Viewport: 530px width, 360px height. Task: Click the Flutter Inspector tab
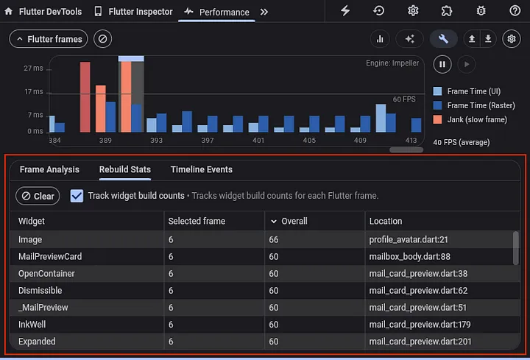[x=133, y=12]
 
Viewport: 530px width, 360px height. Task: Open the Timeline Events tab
[x=201, y=169]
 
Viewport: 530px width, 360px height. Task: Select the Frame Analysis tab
[x=49, y=169]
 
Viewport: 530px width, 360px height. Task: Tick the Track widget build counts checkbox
[x=77, y=196]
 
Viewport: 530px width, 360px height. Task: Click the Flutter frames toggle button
[x=49, y=39]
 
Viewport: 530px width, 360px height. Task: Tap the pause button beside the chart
[x=442, y=64]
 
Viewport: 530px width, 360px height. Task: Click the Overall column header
[x=294, y=221]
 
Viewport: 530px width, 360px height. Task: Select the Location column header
[x=386, y=221]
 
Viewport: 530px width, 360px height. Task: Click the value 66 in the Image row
[x=274, y=240]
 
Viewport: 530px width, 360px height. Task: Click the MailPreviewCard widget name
[x=50, y=257]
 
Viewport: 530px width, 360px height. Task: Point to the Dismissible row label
[x=40, y=291]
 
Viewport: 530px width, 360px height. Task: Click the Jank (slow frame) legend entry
[x=476, y=119]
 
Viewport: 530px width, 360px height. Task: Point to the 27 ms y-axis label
[x=33, y=68]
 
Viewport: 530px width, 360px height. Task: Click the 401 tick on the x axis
[x=258, y=140]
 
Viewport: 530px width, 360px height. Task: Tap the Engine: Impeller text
[x=392, y=63]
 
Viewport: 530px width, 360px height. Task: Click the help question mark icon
[x=515, y=11]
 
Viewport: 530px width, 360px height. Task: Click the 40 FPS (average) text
[x=461, y=142]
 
